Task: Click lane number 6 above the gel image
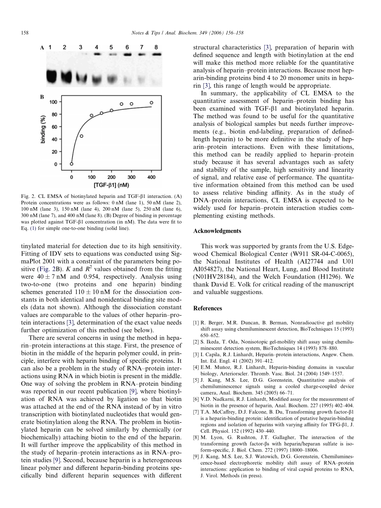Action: [x=127, y=47]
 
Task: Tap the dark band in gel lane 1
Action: [x=51, y=75]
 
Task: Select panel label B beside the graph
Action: [x=42, y=97]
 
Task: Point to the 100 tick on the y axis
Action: [x=53, y=102]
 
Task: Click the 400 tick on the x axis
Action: [x=151, y=177]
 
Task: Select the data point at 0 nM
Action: [x=72, y=163]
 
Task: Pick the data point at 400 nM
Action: [x=151, y=103]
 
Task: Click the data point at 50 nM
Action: [x=81, y=136]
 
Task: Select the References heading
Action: [x=207, y=308]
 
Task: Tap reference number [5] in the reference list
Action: [x=196, y=380]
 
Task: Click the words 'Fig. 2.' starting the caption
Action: [x=28, y=196]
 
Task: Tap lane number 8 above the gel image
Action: [x=156, y=47]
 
